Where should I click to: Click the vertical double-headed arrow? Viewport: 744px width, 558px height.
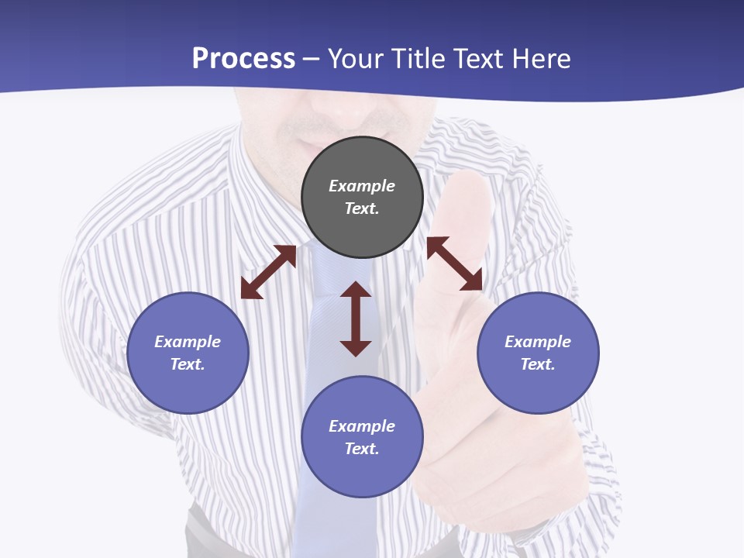pyautogui.click(x=356, y=319)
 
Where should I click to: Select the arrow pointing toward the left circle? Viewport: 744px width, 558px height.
pyautogui.click(x=268, y=272)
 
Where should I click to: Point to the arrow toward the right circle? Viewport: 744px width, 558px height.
pyautogui.click(x=455, y=263)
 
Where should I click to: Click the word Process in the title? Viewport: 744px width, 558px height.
pyautogui.click(x=243, y=59)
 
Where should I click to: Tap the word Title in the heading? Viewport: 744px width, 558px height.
pyautogui.click(x=418, y=59)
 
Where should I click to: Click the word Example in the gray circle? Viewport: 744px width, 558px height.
pyautogui.click(x=362, y=186)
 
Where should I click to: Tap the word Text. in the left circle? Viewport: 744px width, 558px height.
pyautogui.click(x=188, y=364)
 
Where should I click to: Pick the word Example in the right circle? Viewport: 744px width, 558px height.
pyautogui.click(x=538, y=342)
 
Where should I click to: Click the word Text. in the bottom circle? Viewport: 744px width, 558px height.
pyautogui.click(x=362, y=449)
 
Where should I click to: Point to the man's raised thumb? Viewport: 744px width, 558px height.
pyautogui.click(x=465, y=201)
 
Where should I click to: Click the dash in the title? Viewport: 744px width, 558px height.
pyautogui.click(x=312, y=59)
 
